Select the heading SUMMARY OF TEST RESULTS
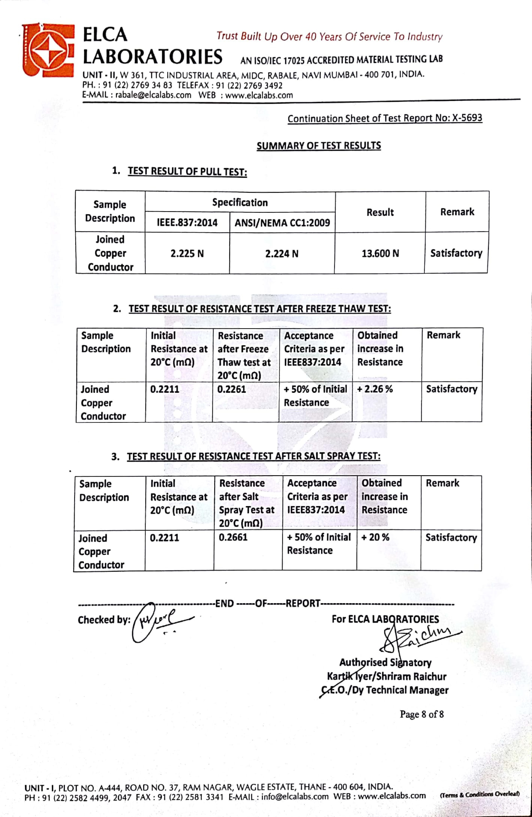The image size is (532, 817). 319,146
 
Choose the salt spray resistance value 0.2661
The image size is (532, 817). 233,537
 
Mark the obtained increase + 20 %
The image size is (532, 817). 375,537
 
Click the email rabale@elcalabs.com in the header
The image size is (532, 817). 153,95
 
